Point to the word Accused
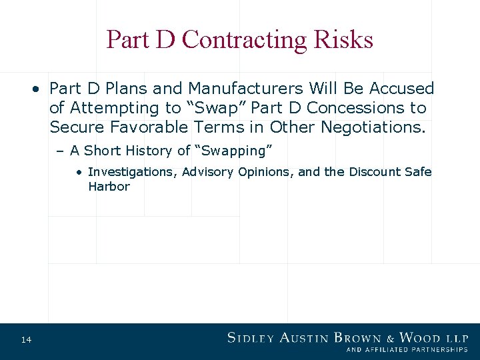click(x=401, y=89)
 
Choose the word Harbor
click(x=109, y=187)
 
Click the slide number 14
click(x=26, y=341)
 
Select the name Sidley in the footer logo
click(x=250, y=337)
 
